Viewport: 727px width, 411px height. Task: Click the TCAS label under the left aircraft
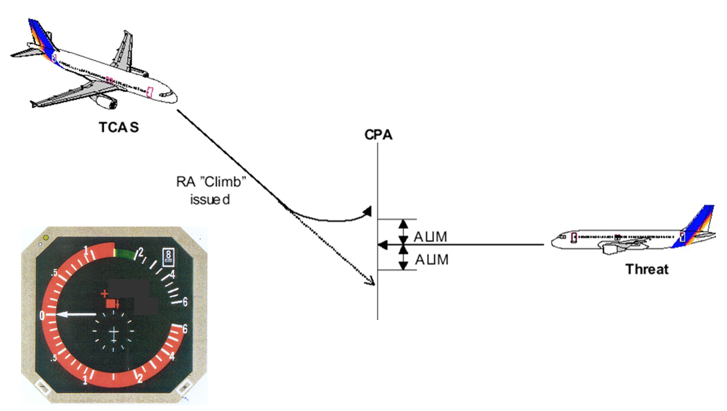(x=119, y=128)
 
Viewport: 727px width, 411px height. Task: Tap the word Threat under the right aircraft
(x=647, y=269)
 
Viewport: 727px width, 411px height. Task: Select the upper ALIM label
(x=431, y=236)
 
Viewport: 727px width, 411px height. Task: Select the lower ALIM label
(x=431, y=260)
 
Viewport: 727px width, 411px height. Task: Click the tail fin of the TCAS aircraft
(x=39, y=36)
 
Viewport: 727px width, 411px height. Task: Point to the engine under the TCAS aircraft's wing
(x=104, y=100)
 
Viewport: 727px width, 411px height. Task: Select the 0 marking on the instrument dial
(x=42, y=315)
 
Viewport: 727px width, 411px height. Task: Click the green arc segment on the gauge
(x=125, y=253)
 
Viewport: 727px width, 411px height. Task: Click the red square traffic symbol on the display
(x=112, y=303)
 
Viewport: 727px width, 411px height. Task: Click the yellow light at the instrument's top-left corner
(x=45, y=238)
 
